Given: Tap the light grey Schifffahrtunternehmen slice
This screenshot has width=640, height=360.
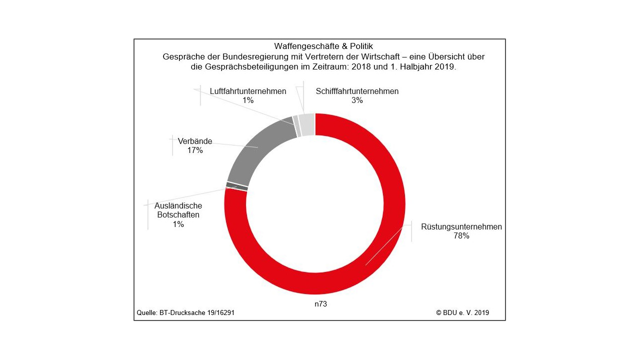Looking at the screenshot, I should click(x=307, y=124).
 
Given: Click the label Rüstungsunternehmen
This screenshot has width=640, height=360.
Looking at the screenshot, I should click(x=461, y=226).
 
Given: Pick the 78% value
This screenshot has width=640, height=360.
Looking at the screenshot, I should click(x=461, y=236).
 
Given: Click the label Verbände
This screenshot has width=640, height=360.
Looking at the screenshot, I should click(x=195, y=141).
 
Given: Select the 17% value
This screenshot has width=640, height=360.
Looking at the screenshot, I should click(x=195, y=150).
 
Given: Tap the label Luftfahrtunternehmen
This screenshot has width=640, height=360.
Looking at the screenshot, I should click(x=248, y=91).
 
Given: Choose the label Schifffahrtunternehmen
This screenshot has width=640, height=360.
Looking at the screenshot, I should click(x=357, y=91).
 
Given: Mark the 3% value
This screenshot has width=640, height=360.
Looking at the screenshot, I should click(x=357, y=100).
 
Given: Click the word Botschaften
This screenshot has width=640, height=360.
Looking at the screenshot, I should click(x=178, y=215).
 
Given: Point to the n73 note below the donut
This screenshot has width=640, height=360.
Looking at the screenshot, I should click(x=320, y=303).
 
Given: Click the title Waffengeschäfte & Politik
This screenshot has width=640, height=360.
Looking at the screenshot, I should click(x=323, y=46).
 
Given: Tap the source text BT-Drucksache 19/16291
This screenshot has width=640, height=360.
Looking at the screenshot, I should click(x=197, y=313).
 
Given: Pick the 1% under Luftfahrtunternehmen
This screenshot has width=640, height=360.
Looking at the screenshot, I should click(x=248, y=100).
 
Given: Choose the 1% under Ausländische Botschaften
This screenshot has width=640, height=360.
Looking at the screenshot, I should click(x=178, y=224).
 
